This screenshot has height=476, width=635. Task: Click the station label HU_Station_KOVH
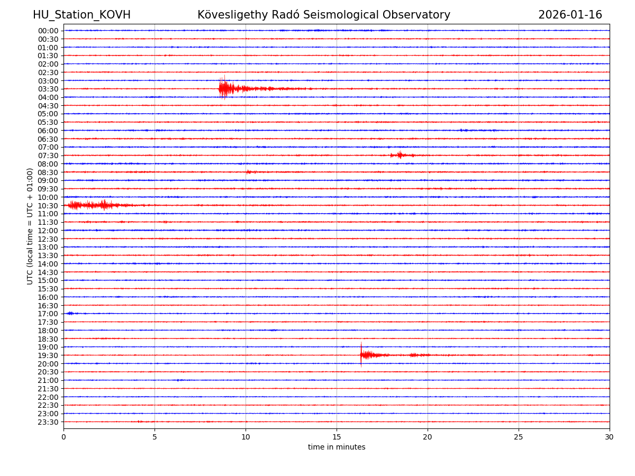coord(81,15)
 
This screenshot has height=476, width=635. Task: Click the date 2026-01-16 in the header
coord(570,15)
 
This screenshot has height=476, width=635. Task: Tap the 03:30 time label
coord(48,89)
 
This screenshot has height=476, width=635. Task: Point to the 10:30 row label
coord(48,206)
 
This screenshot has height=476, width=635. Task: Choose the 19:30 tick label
coord(48,355)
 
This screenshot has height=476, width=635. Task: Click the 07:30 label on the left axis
coord(48,155)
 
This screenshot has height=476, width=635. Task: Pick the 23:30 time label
coord(48,422)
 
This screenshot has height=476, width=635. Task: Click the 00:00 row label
coord(48,31)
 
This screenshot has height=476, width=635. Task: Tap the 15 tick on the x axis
coord(337,437)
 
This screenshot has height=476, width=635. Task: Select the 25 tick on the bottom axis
coord(519,437)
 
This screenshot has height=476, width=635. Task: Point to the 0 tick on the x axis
coord(63,437)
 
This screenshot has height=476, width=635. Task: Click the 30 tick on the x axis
coord(610,437)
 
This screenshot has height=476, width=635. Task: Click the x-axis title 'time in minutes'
coord(337,447)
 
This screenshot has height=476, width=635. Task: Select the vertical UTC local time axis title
coord(30,226)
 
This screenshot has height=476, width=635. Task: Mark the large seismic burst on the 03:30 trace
coord(224,88)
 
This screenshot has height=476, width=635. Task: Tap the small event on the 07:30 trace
coord(400,155)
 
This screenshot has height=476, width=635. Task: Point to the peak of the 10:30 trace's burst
coord(104,205)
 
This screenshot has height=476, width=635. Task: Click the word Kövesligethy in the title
coord(230,15)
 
